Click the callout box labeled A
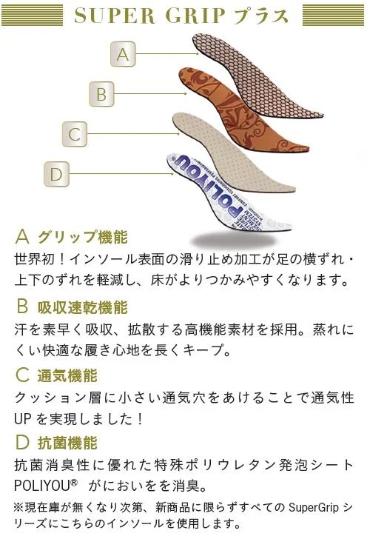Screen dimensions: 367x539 coord(123,54)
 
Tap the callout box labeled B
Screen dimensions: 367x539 coord(101,94)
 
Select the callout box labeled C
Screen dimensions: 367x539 coord(75,134)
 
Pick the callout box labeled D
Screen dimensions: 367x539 coord(56,174)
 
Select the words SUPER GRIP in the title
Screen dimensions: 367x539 coord(149,16)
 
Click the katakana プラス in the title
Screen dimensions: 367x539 coord(260,16)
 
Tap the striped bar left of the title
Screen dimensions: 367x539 coord(33,15)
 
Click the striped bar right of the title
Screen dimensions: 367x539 coord(333,15)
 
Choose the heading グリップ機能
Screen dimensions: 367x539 coord(83,237)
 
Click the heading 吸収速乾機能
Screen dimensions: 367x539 coord(82,307)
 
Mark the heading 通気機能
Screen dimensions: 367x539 coord(67,375)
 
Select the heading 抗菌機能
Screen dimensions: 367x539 coord(67,443)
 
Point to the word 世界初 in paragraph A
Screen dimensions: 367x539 coord(35,259)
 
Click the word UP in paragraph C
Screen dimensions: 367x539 coord(23,419)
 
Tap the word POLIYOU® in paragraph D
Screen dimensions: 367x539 coord(46,486)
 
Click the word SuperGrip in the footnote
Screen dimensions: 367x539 coord(314,507)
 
